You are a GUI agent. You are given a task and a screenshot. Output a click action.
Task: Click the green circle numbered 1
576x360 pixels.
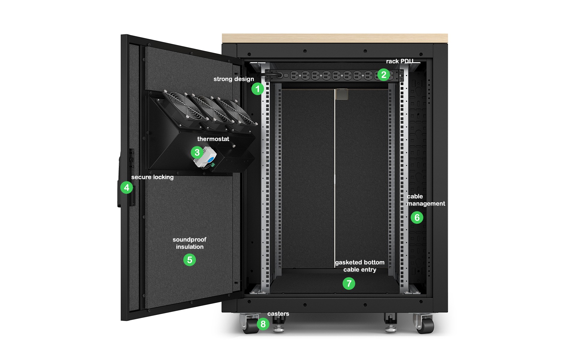click(x=257, y=89)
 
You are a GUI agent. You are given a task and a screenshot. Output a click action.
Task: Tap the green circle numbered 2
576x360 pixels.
click(x=384, y=75)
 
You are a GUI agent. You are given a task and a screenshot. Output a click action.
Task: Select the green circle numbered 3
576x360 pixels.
click(x=197, y=152)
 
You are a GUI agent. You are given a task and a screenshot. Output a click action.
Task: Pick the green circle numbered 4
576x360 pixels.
click(x=127, y=187)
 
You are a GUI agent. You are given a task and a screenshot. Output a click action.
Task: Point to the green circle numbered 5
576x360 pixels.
click(x=190, y=260)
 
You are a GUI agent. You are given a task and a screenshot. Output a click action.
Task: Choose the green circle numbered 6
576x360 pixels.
click(x=417, y=217)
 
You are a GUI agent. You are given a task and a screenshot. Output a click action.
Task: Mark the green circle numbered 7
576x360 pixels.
click(x=349, y=283)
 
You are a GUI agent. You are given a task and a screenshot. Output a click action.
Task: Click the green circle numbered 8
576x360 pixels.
click(x=263, y=324)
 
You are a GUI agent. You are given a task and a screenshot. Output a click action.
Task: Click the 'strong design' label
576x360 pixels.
click(x=234, y=79)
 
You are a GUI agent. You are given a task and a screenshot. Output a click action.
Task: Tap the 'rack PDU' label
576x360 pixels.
click(x=400, y=61)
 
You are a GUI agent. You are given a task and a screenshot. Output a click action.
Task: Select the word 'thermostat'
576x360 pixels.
click(x=213, y=139)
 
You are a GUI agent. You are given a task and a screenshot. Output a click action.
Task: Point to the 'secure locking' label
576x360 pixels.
click(x=152, y=177)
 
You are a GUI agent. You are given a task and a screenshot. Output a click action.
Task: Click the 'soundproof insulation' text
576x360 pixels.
click(x=190, y=243)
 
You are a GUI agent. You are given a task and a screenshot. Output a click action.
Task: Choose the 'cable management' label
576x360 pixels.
click(x=426, y=200)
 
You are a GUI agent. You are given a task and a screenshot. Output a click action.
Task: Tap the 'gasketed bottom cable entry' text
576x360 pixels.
click(x=360, y=266)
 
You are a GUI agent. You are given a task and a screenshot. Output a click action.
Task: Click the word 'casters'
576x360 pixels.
click(x=278, y=314)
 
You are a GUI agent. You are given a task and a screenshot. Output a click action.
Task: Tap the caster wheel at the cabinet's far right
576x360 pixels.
click(x=424, y=324)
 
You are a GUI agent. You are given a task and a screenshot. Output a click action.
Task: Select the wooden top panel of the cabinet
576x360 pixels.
click(x=335, y=38)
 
